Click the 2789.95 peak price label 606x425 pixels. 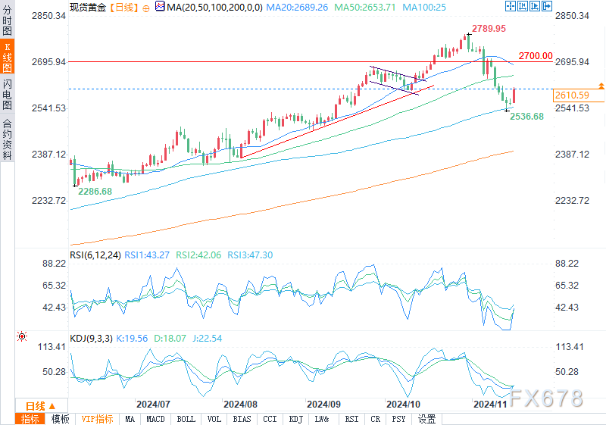pos(489,28)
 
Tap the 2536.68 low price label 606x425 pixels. pos(526,117)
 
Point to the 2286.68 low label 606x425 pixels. pos(95,192)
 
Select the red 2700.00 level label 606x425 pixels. pos(536,56)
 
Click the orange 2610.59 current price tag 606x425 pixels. pos(572,95)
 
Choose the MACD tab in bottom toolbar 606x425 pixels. pos(155,419)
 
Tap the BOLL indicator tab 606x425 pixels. pos(185,419)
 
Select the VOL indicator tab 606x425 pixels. pos(214,419)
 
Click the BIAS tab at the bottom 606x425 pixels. pos(242,419)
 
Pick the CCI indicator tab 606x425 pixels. pos(270,419)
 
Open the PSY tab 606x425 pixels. pos(398,419)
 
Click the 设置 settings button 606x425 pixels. pos(427,419)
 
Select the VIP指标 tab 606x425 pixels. pos(97,419)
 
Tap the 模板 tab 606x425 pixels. pos(61,419)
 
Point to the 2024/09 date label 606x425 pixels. pos(324,404)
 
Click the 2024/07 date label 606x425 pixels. pos(154,404)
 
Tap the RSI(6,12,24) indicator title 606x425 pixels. pos(93,255)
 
